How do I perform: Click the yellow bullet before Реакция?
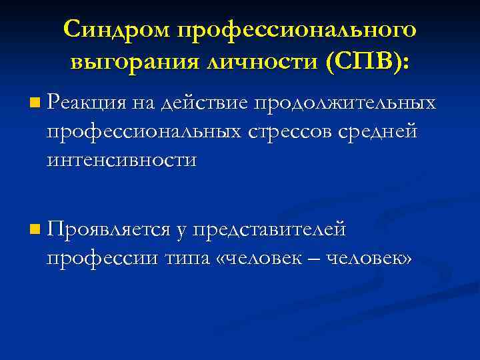35,103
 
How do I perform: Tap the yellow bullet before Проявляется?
35,231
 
